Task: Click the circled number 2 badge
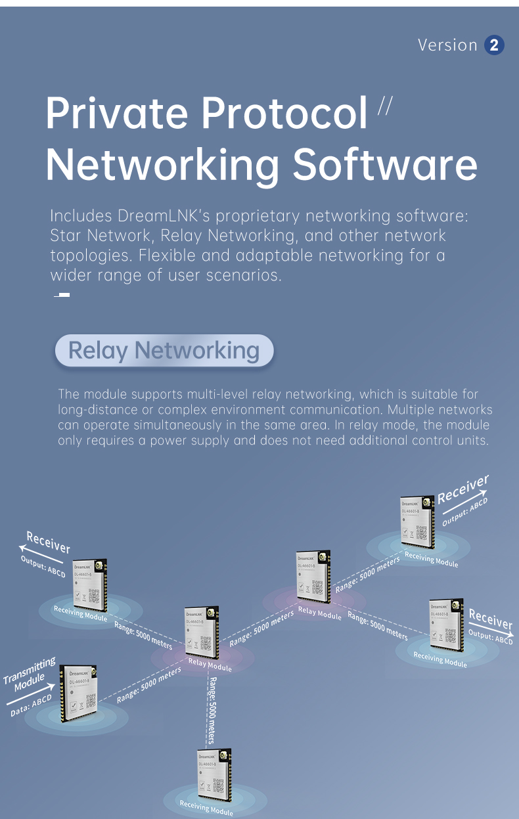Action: click(x=494, y=45)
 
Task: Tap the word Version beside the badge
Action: click(x=447, y=45)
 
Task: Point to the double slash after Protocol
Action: click(x=384, y=106)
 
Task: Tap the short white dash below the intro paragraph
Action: click(x=62, y=295)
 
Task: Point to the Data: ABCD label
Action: click(x=31, y=705)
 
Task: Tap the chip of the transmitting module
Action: click(x=79, y=692)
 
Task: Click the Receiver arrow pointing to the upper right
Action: click(x=463, y=490)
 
